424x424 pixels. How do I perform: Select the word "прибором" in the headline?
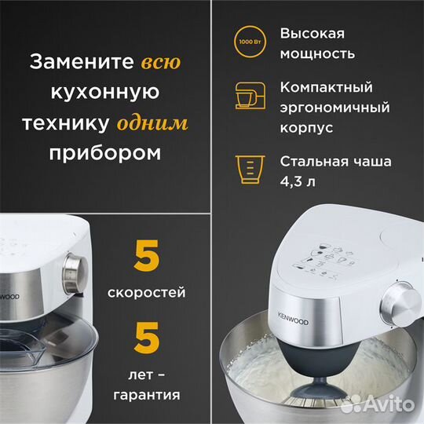pos(106,152)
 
